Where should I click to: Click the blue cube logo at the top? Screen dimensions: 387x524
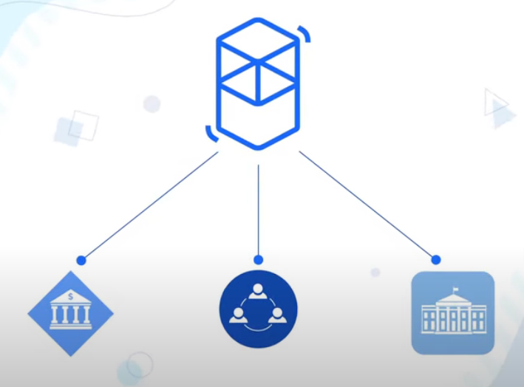[x=258, y=83]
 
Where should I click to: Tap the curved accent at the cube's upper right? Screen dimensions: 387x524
[x=304, y=34]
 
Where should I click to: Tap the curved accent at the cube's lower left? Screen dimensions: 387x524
[x=211, y=134]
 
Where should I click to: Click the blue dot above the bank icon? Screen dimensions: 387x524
[x=81, y=260]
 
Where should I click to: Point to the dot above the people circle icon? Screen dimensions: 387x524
[x=258, y=260]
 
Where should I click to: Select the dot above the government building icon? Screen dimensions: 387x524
[x=436, y=260]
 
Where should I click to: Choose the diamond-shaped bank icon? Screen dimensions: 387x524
[x=70, y=314]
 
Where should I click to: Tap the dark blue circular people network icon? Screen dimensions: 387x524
[x=258, y=310]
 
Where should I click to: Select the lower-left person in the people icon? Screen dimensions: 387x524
[x=238, y=317]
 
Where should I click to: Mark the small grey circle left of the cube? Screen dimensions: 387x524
[x=152, y=103]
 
